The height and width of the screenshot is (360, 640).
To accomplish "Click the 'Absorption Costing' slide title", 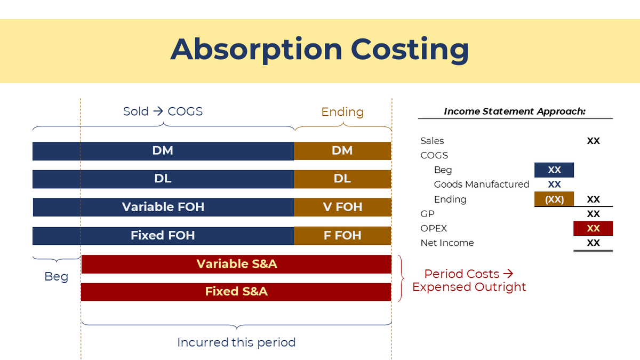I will [x=319, y=49].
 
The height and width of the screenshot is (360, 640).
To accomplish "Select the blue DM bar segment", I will [x=163, y=151].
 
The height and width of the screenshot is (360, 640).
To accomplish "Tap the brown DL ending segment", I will [x=342, y=179].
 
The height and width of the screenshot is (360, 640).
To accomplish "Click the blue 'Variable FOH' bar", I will [x=163, y=207].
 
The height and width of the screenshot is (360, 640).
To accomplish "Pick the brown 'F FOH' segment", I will [x=342, y=236].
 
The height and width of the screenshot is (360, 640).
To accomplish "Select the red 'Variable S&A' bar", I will [x=236, y=264].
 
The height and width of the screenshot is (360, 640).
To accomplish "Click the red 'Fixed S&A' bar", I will [x=236, y=292].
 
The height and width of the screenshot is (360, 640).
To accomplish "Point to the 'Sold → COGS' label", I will [x=163, y=111].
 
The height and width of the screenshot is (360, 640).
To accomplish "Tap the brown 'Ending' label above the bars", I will [x=342, y=112].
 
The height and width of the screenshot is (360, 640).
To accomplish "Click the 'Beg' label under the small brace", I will [x=56, y=277].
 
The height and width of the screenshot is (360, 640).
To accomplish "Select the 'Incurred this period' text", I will [x=236, y=342].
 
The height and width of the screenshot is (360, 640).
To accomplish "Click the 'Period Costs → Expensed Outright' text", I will [x=469, y=281].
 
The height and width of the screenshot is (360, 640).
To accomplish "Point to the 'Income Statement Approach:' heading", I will [x=515, y=111].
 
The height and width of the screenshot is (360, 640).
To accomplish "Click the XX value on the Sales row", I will [x=593, y=141].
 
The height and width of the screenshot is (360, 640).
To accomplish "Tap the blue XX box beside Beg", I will [x=554, y=170].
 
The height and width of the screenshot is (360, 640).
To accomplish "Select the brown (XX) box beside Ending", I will [x=554, y=199].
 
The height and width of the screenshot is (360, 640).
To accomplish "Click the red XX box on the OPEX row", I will [x=593, y=228].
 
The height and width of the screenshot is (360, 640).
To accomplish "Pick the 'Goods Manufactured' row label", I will [x=481, y=185].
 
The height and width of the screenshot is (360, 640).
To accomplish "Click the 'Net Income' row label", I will [x=447, y=243].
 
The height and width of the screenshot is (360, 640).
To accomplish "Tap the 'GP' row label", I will [x=427, y=214].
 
